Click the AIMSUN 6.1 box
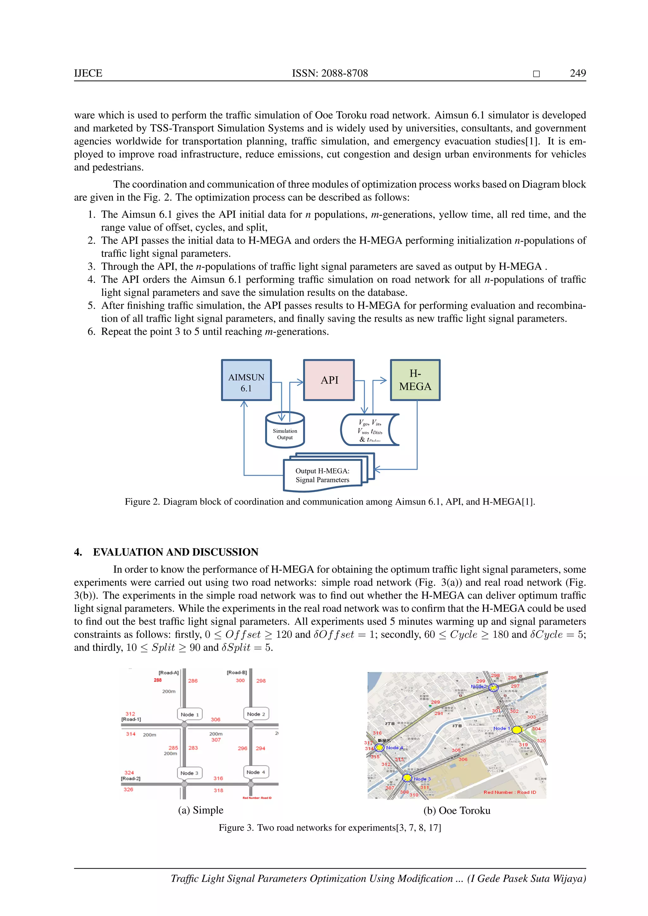[246, 380]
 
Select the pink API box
[329, 380]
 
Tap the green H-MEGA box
[415, 380]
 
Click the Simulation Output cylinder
[285, 431]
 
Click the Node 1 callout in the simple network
[190, 714]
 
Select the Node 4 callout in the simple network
[256, 772]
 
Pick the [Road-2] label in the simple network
[131, 778]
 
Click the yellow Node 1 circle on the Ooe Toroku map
[517, 729]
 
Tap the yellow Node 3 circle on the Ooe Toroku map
[407, 777]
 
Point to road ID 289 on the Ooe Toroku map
[435, 702]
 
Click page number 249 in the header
[578, 73]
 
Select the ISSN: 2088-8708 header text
[330, 73]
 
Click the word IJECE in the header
[88, 73]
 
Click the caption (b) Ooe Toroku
[457, 810]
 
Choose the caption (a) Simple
[200, 810]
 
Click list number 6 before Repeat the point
[91, 331]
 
